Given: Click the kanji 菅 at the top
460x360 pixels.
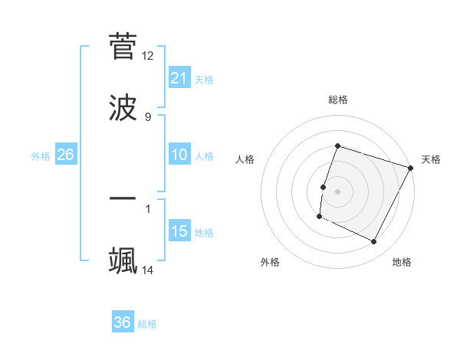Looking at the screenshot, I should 123,47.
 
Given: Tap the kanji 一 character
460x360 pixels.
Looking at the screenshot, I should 123,198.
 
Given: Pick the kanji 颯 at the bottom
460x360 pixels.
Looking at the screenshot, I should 123,260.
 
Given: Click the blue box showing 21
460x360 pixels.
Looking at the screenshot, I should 179,78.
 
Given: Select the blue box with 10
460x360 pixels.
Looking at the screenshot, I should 179,155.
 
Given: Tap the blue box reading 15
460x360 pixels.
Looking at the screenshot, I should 179,231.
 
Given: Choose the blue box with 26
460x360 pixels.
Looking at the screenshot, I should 65,155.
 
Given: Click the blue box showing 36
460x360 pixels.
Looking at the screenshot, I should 122,322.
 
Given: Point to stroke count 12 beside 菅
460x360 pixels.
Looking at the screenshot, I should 148,56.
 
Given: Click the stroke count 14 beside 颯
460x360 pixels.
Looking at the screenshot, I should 148,270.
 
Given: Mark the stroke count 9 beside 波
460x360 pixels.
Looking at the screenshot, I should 148,116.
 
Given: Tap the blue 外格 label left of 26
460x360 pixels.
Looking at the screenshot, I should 41,155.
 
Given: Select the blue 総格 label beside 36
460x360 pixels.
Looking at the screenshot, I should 147,324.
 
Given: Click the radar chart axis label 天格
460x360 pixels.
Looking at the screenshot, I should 431,159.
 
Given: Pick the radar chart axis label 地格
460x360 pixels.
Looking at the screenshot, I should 402,262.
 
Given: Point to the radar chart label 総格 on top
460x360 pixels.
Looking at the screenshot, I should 337,100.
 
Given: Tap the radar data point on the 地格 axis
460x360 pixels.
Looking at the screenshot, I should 374,242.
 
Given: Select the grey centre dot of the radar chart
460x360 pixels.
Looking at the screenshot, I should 337,191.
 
